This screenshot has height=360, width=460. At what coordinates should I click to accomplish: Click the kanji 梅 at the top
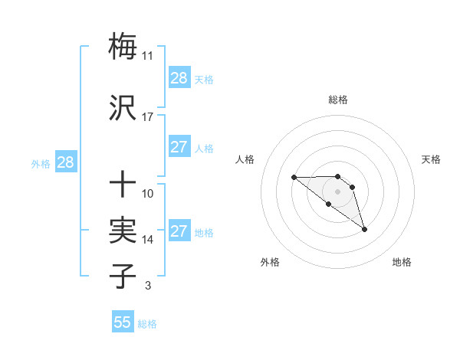pyautogui.click(x=123, y=46)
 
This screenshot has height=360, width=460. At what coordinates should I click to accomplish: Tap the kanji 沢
pyautogui.click(x=123, y=108)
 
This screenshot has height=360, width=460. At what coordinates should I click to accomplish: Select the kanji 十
pyautogui.click(x=123, y=184)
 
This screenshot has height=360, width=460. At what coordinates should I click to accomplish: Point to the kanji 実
pyautogui.click(x=123, y=231)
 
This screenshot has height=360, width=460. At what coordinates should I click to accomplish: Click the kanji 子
pyautogui.click(x=123, y=277)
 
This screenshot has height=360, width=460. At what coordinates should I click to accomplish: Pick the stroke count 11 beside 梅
pyautogui.click(x=148, y=56)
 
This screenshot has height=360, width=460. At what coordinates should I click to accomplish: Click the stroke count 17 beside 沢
pyautogui.click(x=148, y=117)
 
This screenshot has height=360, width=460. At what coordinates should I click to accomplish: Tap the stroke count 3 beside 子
pyautogui.click(x=147, y=286)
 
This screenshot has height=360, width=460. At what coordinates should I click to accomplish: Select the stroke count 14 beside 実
pyautogui.click(x=148, y=240)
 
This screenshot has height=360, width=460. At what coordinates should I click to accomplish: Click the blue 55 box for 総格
pyautogui.click(x=123, y=322)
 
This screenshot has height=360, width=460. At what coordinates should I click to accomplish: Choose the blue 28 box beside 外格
pyautogui.click(x=65, y=162)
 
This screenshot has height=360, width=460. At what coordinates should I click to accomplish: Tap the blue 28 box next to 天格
pyautogui.click(x=179, y=78)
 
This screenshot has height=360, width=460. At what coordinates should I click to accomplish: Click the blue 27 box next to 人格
pyautogui.click(x=179, y=147)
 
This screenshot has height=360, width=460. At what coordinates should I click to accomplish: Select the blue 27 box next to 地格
pyautogui.click(x=179, y=231)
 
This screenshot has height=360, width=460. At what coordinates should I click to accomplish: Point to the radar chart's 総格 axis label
pyautogui.click(x=338, y=100)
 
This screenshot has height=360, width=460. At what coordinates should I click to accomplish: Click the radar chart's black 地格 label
pyautogui.click(x=402, y=262)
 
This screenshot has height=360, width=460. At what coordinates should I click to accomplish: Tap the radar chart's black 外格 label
pyautogui.click(x=270, y=262)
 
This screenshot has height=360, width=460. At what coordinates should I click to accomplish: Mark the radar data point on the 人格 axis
pyautogui.click(x=294, y=178)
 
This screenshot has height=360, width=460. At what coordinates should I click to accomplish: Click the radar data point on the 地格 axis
pyautogui.click(x=365, y=229)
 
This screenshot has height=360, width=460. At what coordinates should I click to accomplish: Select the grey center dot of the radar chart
pyautogui.click(x=338, y=191)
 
